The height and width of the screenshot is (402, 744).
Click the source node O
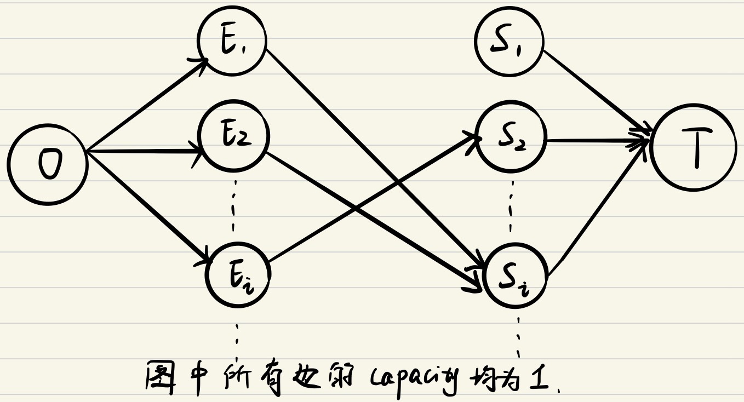coord(48,164)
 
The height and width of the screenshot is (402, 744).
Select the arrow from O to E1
coord(145,105)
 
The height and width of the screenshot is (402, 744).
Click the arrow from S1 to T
coord(594,91)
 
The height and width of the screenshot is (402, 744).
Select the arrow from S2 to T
coord(597,141)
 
